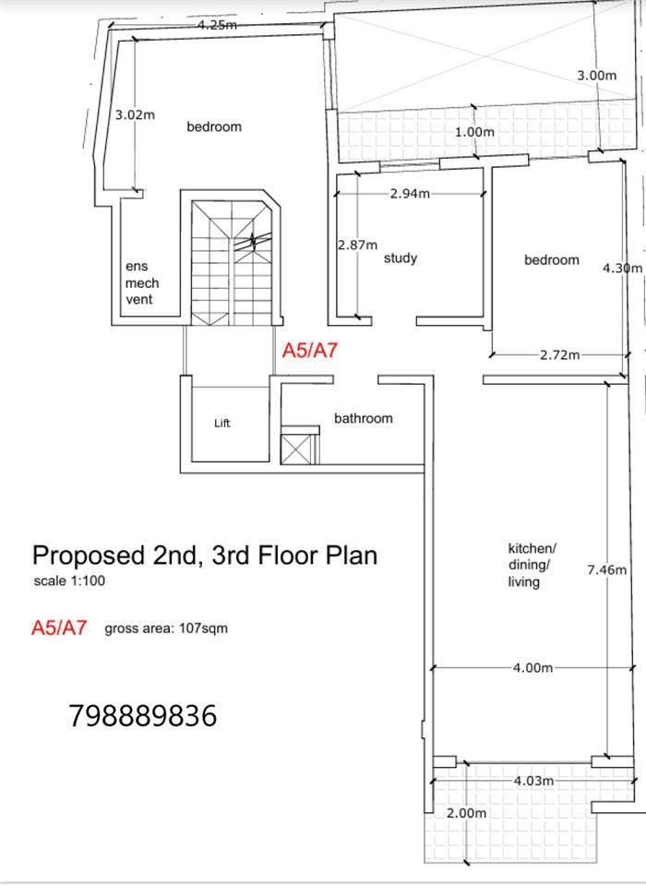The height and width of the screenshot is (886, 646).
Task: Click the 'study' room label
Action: pyautogui.click(x=401, y=258)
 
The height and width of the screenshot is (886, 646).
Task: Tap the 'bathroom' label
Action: pyautogui.click(x=363, y=418)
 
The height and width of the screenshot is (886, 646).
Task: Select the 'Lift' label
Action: pyautogui.click(x=222, y=423)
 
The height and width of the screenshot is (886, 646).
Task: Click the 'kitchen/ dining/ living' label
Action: pyautogui.click(x=532, y=565)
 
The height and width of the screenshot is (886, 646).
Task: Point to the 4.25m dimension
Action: pyautogui.click(x=217, y=25)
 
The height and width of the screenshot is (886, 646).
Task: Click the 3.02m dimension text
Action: pyautogui.click(x=135, y=114)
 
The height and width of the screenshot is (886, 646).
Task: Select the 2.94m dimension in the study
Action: pyautogui.click(x=410, y=194)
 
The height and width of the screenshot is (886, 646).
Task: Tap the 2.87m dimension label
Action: pyautogui.click(x=357, y=245)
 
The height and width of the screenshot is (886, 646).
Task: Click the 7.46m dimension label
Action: pyautogui.click(x=607, y=569)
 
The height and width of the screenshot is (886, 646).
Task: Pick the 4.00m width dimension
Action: pyautogui.click(x=533, y=668)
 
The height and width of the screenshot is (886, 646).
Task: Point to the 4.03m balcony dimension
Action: pyautogui.click(x=533, y=781)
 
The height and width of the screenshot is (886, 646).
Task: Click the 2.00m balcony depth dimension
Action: pyautogui.click(x=466, y=813)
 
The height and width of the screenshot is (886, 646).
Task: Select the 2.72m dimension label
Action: pyautogui.click(x=559, y=354)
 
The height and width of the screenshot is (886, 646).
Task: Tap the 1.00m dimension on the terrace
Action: pyautogui.click(x=474, y=132)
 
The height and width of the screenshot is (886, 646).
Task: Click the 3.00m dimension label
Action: pyautogui.click(x=597, y=75)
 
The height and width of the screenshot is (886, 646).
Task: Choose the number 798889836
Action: pyautogui.click(x=143, y=715)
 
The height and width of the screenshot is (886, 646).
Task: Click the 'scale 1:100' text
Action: pyautogui.click(x=69, y=581)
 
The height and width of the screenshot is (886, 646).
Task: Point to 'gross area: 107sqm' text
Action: pyautogui.click(x=166, y=629)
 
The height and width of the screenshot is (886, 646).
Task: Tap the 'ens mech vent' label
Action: pyautogui.click(x=142, y=282)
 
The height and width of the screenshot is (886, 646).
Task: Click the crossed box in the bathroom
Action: pyautogui.click(x=296, y=449)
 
